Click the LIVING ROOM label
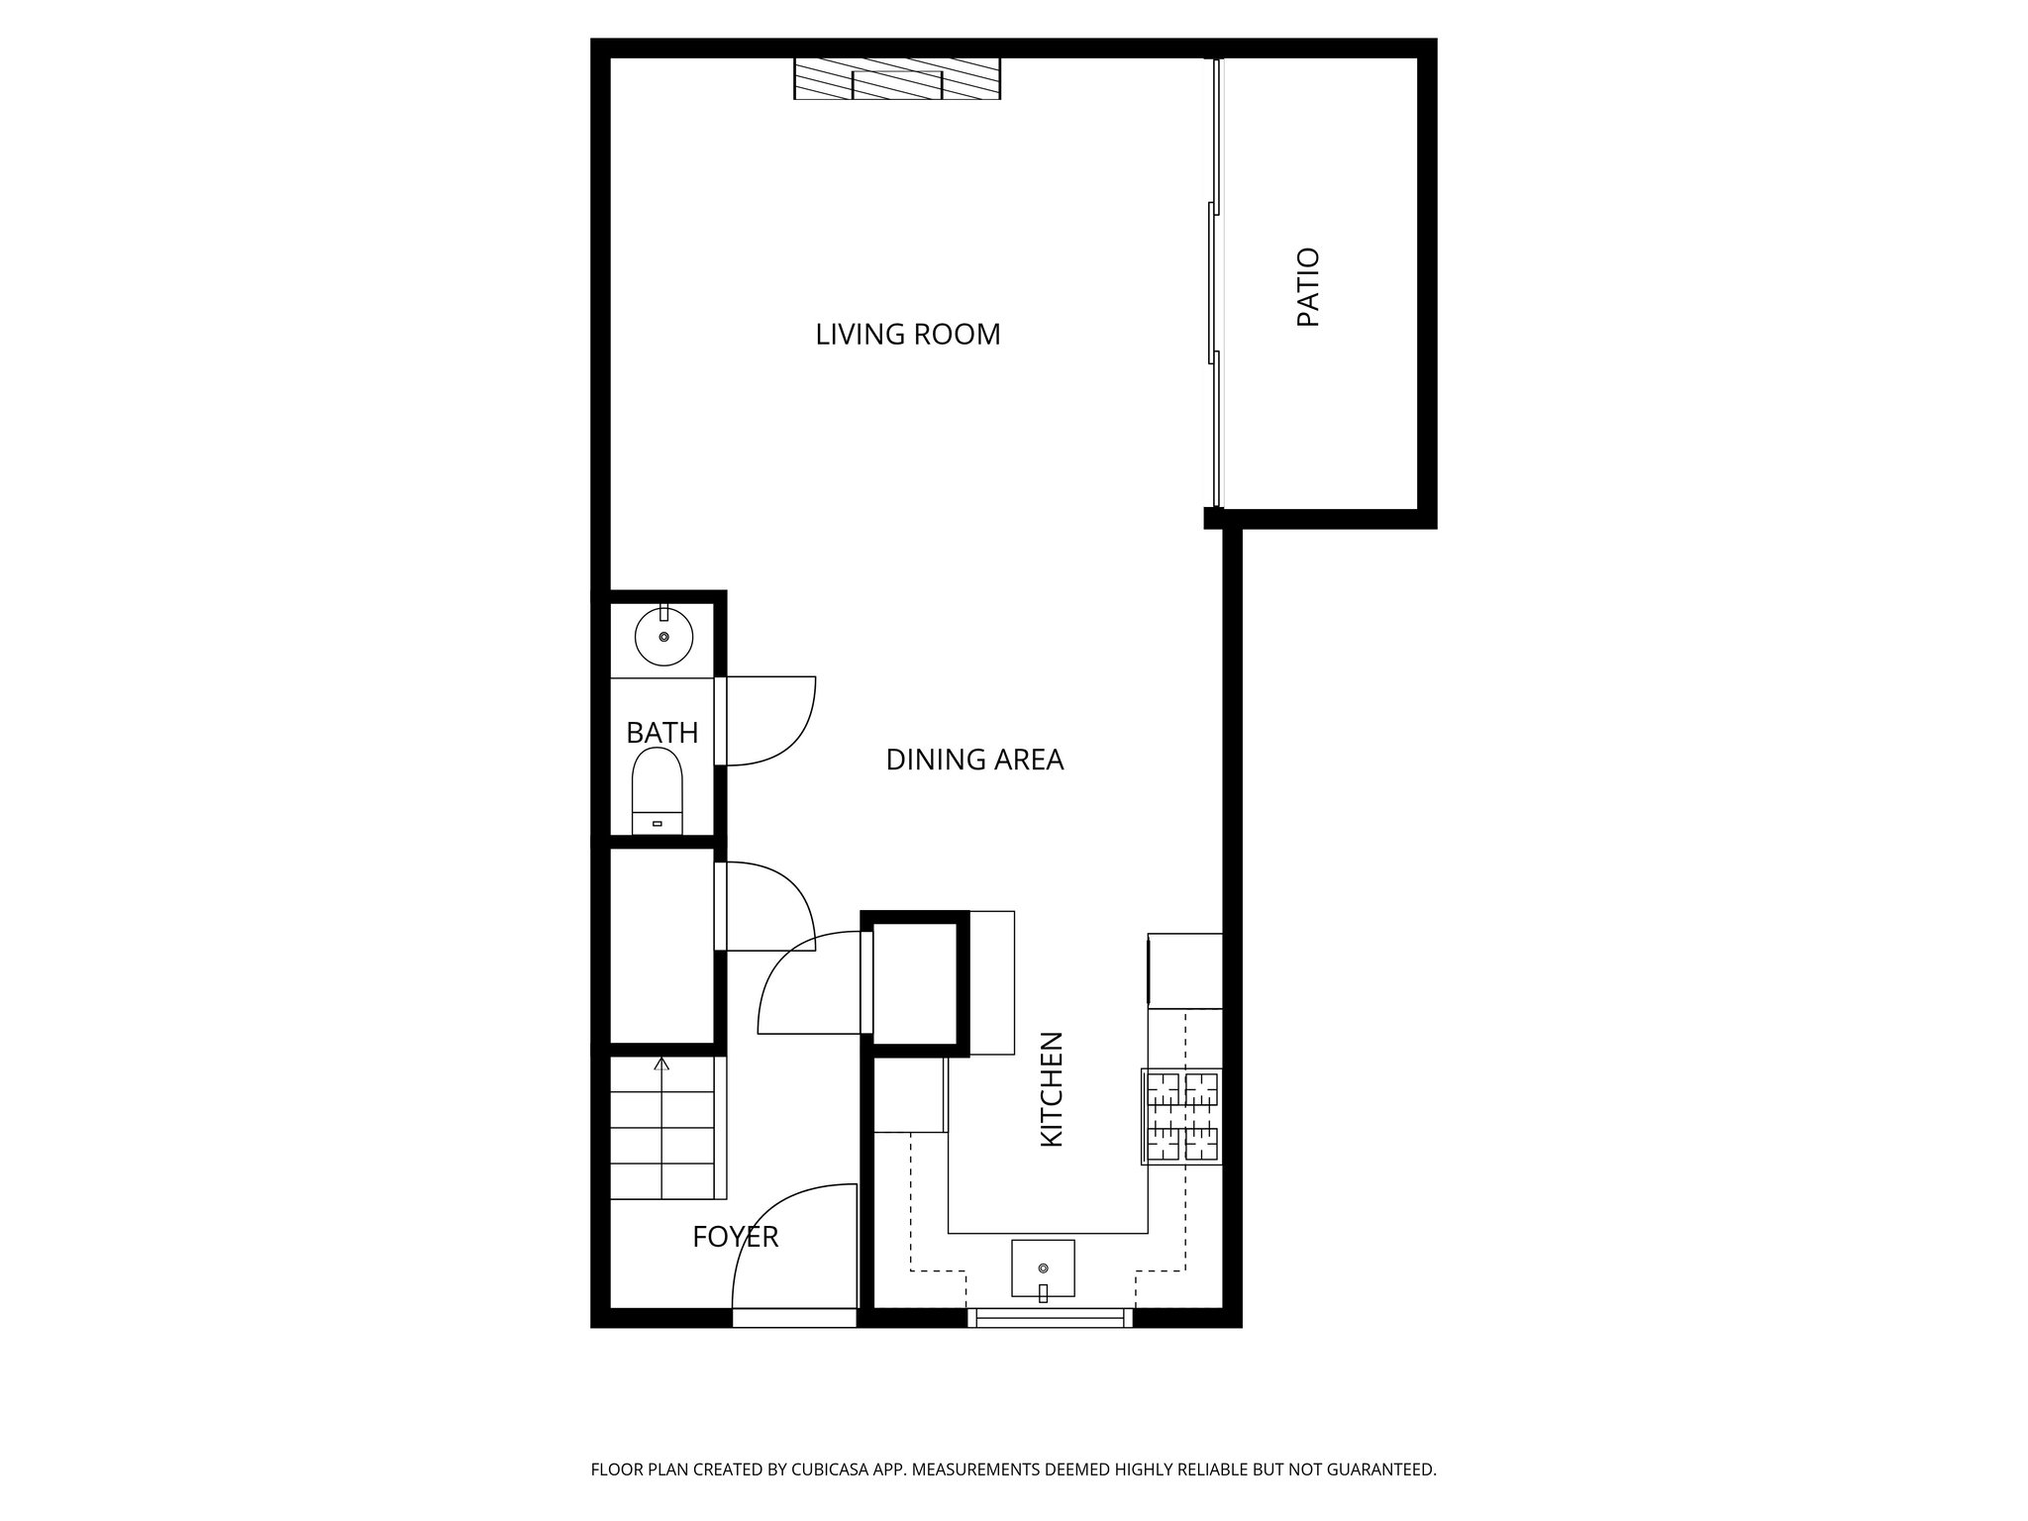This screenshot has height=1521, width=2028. [907, 335]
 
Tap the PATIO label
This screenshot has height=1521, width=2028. [1308, 287]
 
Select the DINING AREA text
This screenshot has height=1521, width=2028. [973, 760]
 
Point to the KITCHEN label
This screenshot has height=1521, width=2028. [1052, 1089]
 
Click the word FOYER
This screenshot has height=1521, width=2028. [735, 1237]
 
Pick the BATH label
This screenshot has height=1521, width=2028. [661, 733]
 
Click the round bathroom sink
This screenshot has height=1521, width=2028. [663, 637]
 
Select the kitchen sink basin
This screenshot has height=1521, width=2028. [1043, 1267]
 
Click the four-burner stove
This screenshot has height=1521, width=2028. [1182, 1117]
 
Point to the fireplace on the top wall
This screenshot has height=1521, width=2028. [897, 79]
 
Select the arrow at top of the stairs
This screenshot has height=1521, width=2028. [661, 1065]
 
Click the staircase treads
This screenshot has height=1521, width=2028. [661, 1129]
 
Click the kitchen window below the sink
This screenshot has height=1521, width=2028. [1050, 1317]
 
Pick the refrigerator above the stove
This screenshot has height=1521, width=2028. [1185, 970]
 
